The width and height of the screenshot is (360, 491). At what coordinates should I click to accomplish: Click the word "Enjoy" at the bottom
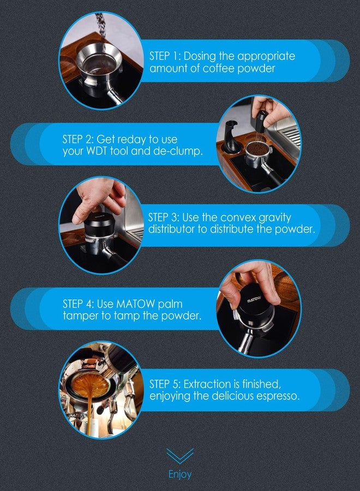pyautogui.click(x=179, y=475)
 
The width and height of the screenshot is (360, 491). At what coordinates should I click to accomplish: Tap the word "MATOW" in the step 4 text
pyautogui.click(x=135, y=304)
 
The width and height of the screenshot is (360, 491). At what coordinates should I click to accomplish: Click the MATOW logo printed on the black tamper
pyautogui.click(x=254, y=300)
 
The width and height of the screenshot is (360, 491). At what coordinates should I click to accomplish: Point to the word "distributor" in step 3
pyautogui.click(x=172, y=229)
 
